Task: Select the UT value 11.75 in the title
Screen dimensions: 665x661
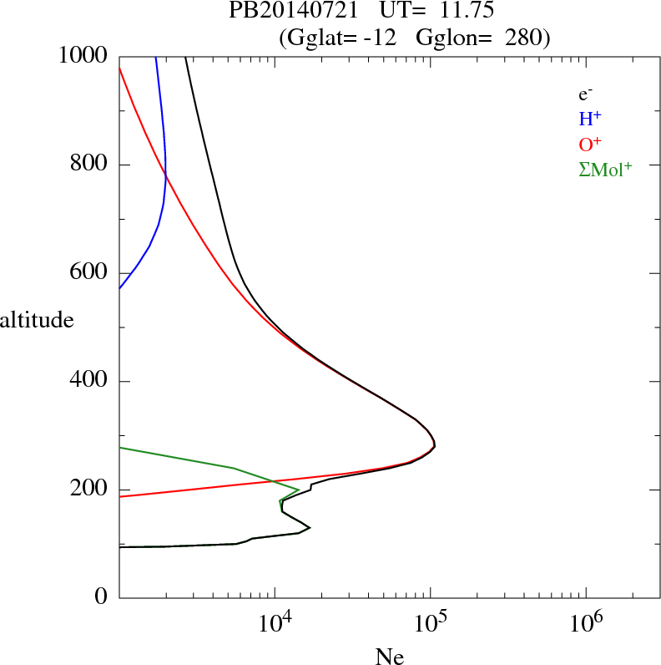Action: (x=451, y=12)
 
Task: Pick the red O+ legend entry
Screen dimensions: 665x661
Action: (x=589, y=144)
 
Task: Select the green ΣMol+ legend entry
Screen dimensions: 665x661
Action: (x=605, y=170)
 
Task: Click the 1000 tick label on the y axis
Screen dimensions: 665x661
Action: (x=84, y=56)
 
